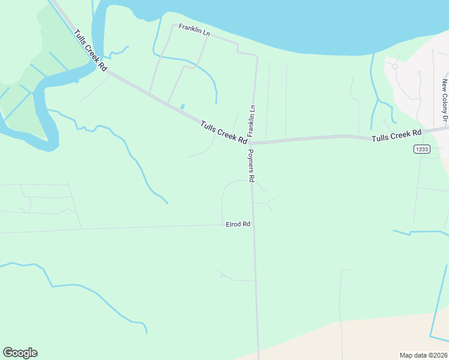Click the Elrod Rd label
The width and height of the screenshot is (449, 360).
tap(238, 224)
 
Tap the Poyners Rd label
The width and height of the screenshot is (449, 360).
tap(252, 166)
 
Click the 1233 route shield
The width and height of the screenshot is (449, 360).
tap(421, 149)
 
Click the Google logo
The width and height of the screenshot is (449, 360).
tap(20, 353)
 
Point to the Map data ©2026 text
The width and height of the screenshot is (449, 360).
tap(423, 355)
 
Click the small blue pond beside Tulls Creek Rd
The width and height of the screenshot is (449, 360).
tap(182, 107)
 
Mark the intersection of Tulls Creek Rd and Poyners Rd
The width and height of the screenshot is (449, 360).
tap(250, 143)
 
